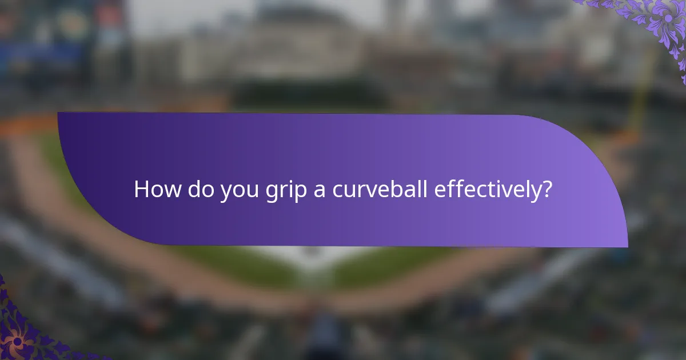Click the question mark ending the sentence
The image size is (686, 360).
[x=547, y=189]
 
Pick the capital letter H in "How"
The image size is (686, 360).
[x=141, y=189]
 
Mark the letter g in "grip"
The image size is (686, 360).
[x=270, y=192]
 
